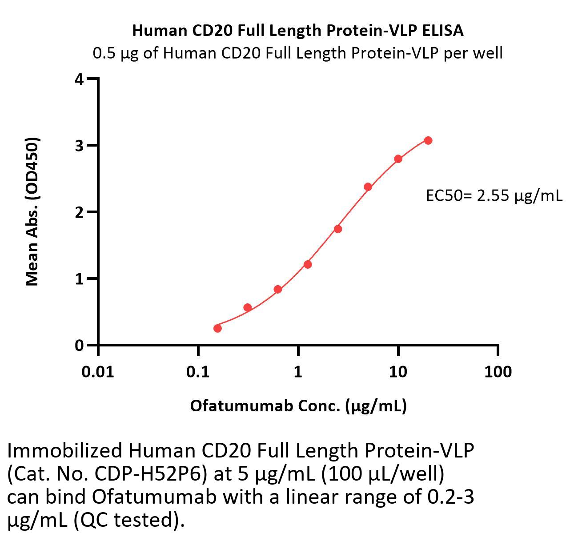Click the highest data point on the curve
click(x=428, y=140)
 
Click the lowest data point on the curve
click(x=217, y=328)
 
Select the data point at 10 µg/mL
click(x=398, y=159)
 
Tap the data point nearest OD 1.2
click(x=308, y=264)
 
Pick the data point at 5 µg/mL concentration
click(x=368, y=187)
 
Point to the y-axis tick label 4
click(x=80, y=80)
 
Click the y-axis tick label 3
click(x=80, y=146)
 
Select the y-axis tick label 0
click(x=80, y=345)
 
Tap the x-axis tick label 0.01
click(x=98, y=371)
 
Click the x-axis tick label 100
click(x=498, y=371)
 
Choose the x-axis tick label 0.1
click(x=198, y=371)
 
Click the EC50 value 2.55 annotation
click(x=494, y=195)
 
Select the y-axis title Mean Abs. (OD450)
click(x=32, y=211)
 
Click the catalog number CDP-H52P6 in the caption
click(x=151, y=473)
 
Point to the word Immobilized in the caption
click(x=64, y=450)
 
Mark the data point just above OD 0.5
click(x=248, y=307)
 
